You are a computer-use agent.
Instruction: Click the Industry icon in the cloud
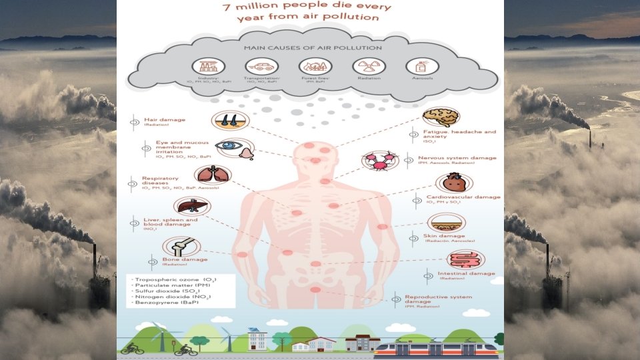208,66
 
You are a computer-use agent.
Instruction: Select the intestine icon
465,259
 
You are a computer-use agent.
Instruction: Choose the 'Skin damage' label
444,236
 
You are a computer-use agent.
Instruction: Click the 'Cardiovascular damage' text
463,197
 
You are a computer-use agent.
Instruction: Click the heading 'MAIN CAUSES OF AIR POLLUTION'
313,48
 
